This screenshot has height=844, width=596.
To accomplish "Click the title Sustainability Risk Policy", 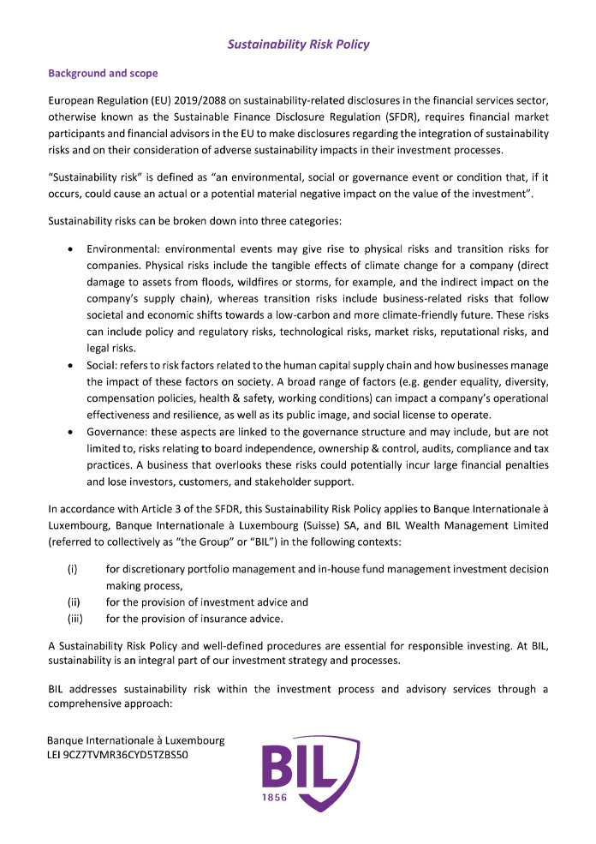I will (x=298, y=44).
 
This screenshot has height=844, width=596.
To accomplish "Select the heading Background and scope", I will (x=97, y=73).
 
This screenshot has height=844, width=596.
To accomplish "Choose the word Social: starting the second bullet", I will (x=103, y=365).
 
